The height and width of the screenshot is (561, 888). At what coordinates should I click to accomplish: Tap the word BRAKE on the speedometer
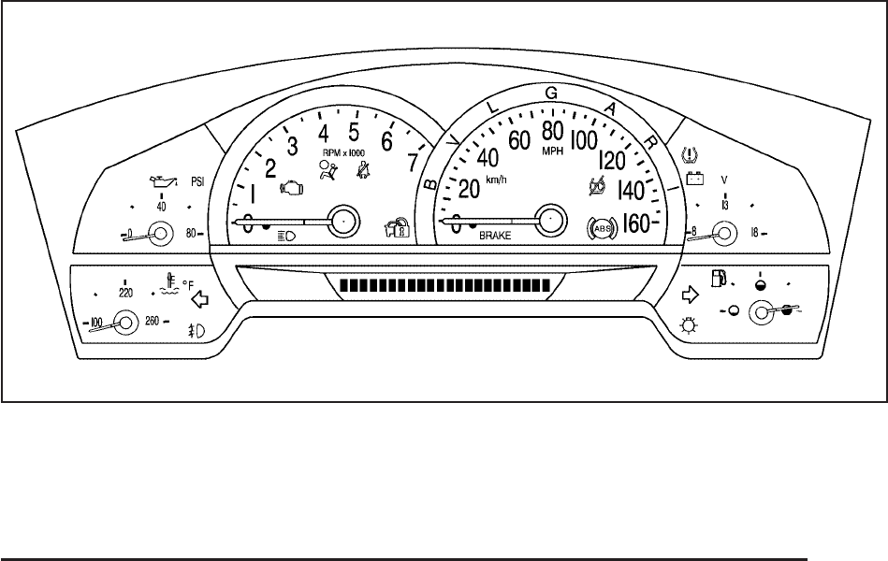[495, 237]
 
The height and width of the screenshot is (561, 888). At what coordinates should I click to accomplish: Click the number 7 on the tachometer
[413, 161]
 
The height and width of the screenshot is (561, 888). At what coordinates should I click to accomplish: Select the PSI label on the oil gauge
[198, 180]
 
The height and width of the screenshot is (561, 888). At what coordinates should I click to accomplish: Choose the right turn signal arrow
[691, 295]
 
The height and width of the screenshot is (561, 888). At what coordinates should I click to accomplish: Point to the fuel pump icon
[720, 277]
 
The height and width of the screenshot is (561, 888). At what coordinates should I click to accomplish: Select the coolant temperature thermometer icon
[169, 283]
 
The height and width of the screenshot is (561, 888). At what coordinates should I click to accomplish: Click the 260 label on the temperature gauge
[152, 324]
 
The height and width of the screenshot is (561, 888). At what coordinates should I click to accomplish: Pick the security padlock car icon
[397, 228]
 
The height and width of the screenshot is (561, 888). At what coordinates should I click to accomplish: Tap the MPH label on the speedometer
[552, 150]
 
